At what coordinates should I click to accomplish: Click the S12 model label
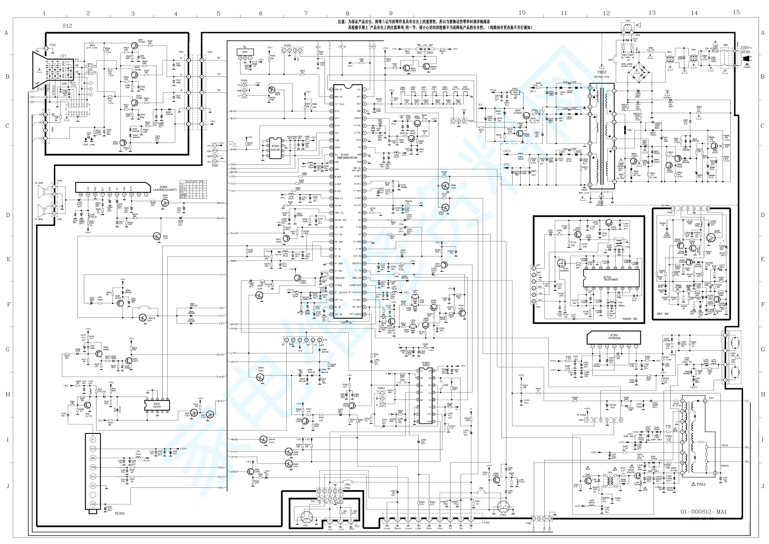tap(67, 26)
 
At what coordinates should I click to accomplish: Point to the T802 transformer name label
tap(601, 72)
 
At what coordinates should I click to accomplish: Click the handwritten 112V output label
tap(508, 151)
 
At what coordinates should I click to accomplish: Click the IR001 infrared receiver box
tap(245, 52)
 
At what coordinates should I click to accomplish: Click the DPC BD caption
tap(663, 314)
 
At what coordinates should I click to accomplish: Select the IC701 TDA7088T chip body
tap(611, 279)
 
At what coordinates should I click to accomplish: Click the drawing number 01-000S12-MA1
tap(704, 512)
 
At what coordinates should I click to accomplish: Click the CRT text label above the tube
tap(63, 56)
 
